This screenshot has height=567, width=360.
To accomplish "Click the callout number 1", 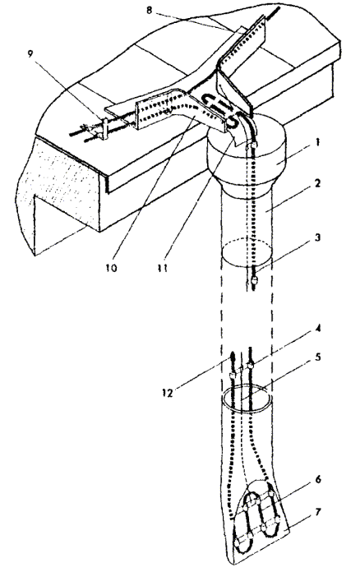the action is [317, 142].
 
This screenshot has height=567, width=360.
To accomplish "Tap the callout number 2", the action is [317, 184].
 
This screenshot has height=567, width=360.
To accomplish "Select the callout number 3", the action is [317, 239].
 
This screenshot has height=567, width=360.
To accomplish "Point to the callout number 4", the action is [317, 330].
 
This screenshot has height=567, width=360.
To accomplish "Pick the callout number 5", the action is [317, 357].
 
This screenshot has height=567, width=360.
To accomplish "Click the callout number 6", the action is [317, 480].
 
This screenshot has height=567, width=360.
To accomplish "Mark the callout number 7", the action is [317, 512].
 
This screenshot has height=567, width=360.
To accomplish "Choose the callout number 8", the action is [150, 10].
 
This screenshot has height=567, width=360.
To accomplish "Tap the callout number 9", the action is [30, 53].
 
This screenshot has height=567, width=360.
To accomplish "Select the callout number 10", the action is [112, 268].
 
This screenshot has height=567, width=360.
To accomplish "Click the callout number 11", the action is [162, 269].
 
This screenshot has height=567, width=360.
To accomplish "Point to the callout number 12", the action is [168, 393].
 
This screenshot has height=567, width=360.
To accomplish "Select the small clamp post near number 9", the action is [105, 129].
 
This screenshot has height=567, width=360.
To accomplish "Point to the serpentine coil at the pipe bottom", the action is [257, 518].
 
